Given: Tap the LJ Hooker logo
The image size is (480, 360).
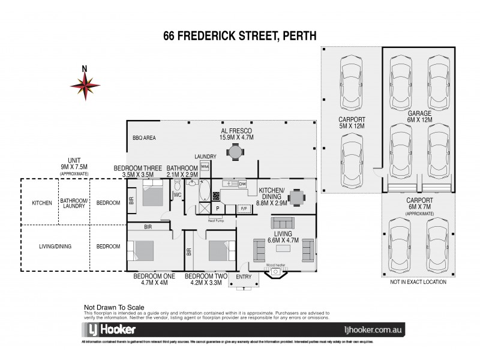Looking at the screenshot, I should tap(109, 329).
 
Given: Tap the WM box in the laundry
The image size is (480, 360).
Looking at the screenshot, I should tap(205, 166).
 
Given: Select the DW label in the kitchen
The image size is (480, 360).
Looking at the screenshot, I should tap(242, 184).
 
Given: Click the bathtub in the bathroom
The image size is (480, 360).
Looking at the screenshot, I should tap(205, 193).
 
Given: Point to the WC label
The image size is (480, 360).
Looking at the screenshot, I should tap(178, 195).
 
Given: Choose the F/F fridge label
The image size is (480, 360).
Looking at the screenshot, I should tap(244, 208).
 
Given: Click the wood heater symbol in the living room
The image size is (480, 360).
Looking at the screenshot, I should tap(276, 272).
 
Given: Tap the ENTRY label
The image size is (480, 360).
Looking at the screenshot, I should tap(244, 277).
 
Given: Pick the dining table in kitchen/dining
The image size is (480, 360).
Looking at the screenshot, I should tap(296, 197).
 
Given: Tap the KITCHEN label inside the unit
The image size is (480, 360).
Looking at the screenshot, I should tap(43, 203).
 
